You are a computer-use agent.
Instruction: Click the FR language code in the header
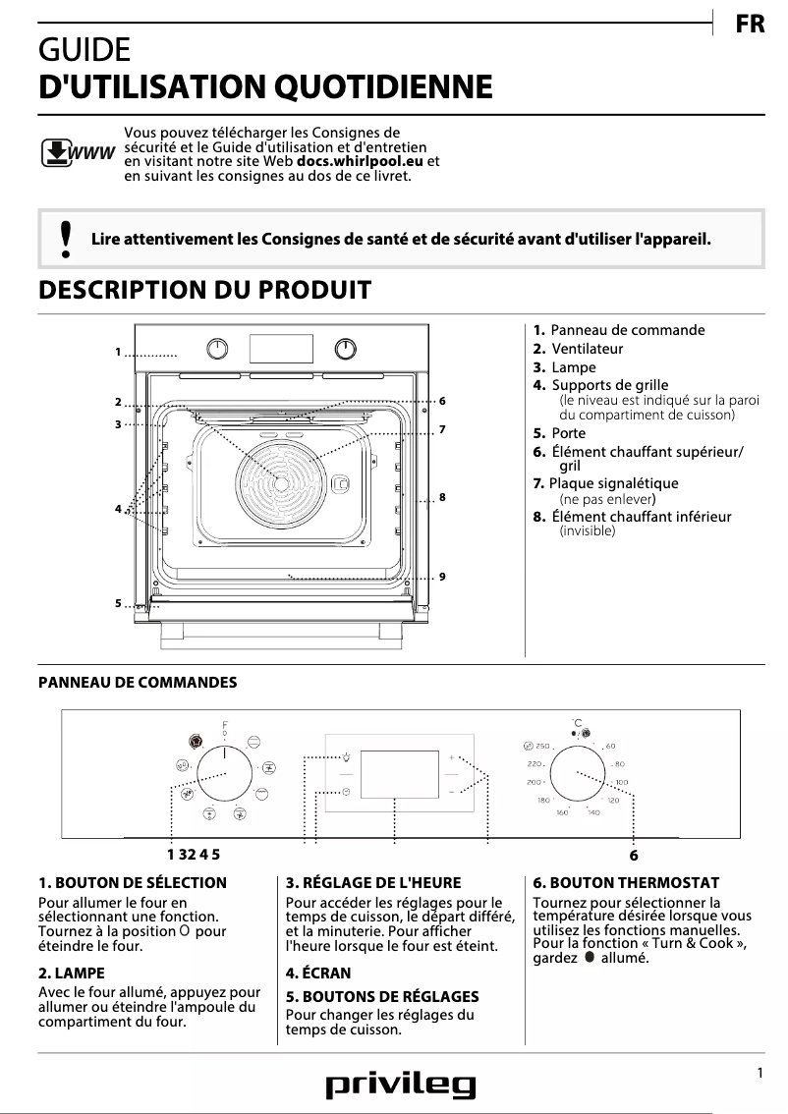(x=750, y=26)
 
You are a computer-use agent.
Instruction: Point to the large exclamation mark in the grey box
(x=66, y=239)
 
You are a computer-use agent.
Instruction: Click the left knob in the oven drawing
(x=218, y=349)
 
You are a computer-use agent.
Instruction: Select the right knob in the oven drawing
(x=345, y=349)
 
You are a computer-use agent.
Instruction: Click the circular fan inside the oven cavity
(x=281, y=480)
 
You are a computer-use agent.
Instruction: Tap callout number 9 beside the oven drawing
(x=443, y=576)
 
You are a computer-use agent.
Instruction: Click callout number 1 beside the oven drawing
(x=117, y=352)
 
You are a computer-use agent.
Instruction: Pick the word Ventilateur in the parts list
(x=588, y=349)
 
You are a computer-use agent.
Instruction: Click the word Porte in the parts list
(x=569, y=433)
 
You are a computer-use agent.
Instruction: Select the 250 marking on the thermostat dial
(x=541, y=748)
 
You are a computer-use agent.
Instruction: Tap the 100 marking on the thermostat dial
(x=621, y=782)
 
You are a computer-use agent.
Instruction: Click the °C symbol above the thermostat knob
(x=578, y=723)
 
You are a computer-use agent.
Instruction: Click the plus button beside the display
(x=451, y=759)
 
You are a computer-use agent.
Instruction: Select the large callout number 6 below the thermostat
(x=634, y=856)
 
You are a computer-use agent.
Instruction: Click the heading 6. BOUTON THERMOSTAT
(x=625, y=883)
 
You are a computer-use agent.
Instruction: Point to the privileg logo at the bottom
(x=401, y=1085)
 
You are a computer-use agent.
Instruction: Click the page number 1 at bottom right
(x=760, y=1074)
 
